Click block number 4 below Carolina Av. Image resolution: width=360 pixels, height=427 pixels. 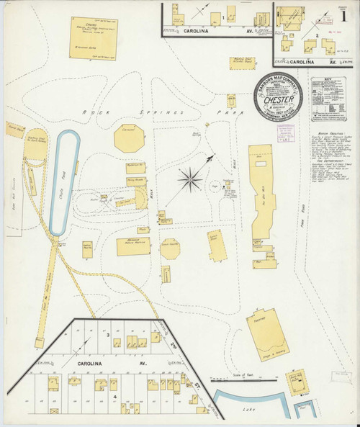click(x=114, y=397)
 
